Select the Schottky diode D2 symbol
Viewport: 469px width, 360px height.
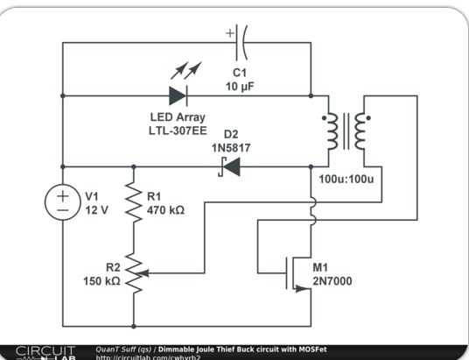229,166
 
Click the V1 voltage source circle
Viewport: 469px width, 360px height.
63,202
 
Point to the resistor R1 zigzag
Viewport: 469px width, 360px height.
133,202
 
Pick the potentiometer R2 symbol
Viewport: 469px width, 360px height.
135,273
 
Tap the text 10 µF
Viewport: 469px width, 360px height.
240,87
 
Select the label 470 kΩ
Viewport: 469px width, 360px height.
165,210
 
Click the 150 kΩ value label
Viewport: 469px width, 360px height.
101,281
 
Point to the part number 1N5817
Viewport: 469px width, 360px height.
231,148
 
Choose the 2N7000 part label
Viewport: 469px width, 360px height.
332,281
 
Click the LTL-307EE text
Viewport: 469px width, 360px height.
178,131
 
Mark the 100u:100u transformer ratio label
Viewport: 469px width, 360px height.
346,179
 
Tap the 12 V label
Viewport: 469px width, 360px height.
96,210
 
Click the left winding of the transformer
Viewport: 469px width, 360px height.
332,131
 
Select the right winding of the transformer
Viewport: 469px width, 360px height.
360,131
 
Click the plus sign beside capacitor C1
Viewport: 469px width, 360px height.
230,33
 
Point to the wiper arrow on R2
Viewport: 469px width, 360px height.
143,273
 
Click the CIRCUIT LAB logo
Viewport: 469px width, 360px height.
45,353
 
